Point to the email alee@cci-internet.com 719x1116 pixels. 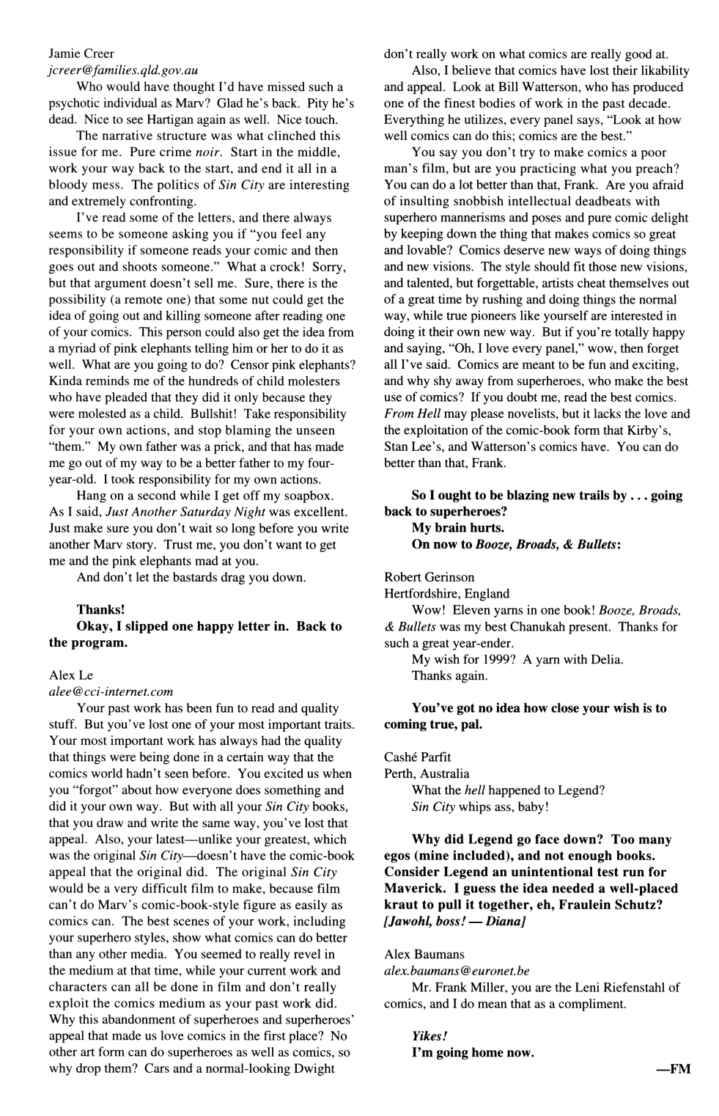111,691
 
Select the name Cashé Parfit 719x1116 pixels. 418,757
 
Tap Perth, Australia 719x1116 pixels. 427,774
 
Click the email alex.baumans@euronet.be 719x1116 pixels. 457,970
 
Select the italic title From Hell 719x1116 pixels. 409,414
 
